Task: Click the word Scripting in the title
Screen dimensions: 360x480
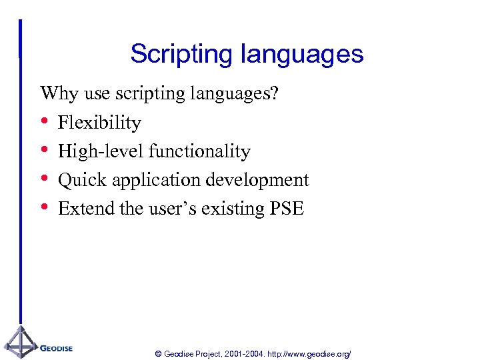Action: (175, 54)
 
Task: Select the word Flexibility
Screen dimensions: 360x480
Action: (99, 123)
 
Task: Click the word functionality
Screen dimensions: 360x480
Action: (199, 151)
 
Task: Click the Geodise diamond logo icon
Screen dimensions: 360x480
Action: (20, 343)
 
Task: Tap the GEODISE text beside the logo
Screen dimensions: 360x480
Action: (56, 348)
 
